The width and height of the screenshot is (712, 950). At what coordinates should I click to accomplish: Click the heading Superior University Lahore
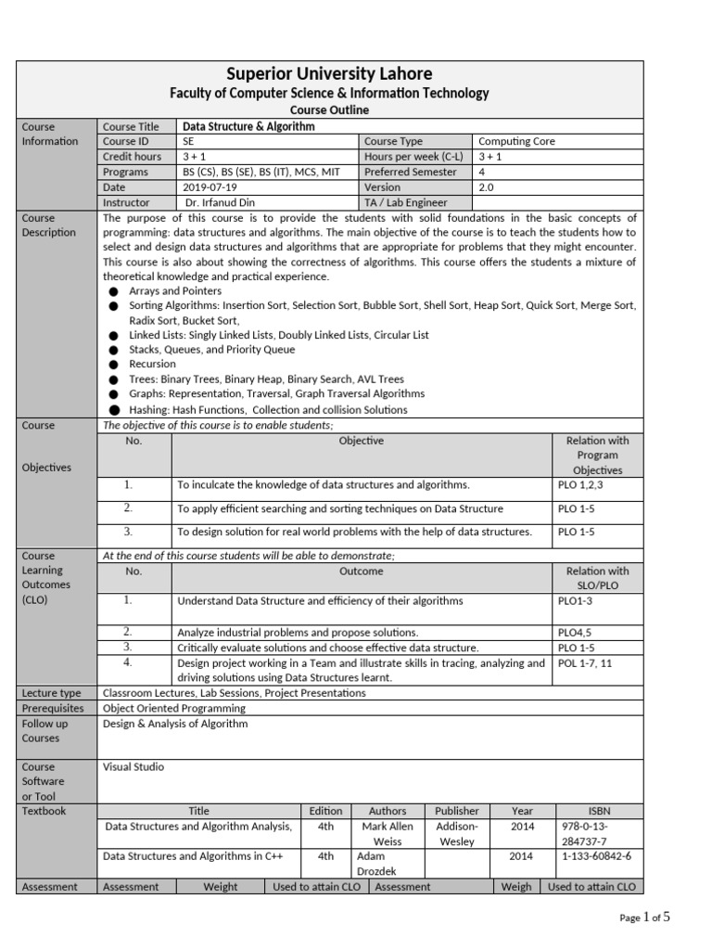coord(329,73)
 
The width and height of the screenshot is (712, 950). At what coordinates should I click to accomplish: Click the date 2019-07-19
coord(210,186)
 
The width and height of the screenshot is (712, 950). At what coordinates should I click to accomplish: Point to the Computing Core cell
coord(516,141)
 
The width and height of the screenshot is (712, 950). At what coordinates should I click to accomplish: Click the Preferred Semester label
coord(411,172)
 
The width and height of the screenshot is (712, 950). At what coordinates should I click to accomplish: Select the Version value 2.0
coord(487,186)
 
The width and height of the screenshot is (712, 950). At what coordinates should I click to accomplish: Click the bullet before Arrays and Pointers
coord(113,291)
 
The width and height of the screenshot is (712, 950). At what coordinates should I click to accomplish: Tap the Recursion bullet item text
coord(153,364)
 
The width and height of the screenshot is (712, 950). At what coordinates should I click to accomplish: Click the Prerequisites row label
coord(53,708)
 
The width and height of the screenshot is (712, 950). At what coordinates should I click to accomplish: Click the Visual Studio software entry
coord(133,767)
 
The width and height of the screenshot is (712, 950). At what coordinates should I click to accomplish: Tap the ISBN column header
coord(599,811)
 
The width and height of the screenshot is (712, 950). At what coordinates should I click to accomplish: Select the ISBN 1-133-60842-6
coord(598,856)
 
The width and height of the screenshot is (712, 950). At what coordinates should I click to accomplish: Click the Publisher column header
coord(457,811)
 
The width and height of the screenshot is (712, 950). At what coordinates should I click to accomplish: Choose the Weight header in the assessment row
coord(221,887)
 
